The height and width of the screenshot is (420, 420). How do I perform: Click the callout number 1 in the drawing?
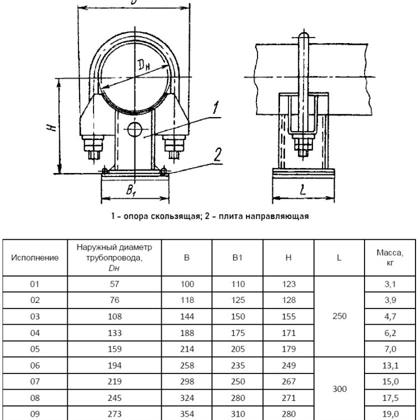click(x=216, y=108)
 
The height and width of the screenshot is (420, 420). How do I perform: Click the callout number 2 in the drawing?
click(x=218, y=155)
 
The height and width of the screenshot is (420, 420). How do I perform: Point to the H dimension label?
click(x=52, y=127)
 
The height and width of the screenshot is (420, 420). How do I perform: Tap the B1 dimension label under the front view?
click(x=131, y=190)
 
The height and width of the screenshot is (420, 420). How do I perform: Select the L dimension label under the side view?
click(x=303, y=190)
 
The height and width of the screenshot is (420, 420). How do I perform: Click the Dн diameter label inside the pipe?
click(x=144, y=66)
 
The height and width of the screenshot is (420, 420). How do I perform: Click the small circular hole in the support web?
click(x=134, y=130)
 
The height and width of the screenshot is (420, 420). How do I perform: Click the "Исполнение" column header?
click(x=35, y=258)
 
